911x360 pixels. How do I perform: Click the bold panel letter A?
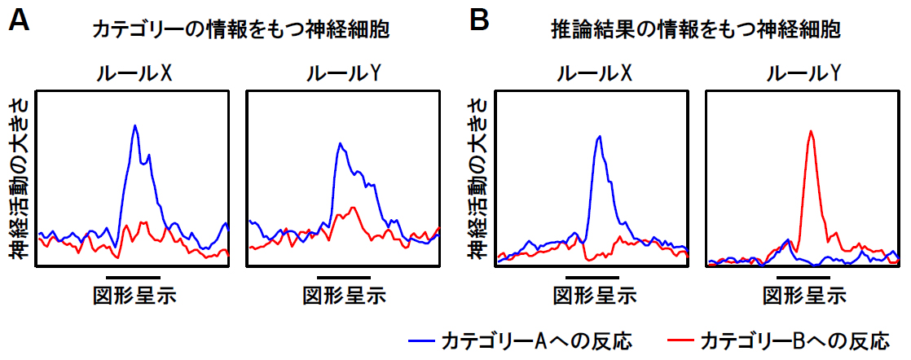coord(20,21)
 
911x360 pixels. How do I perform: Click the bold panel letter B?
coord(480,21)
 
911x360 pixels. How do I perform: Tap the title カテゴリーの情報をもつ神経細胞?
coord(240,31)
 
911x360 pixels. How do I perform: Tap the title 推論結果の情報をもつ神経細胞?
coord(695,31)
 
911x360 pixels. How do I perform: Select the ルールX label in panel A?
coord(132,74)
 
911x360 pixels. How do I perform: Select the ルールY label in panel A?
coord(343,74)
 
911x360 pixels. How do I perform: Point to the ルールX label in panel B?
coord(594,74)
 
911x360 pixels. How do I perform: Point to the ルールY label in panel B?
coord(803,74)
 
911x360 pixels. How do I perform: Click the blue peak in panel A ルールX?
coord(135,126)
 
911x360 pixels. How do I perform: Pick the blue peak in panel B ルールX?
coord(600,137)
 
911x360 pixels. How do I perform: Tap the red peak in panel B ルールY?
coord(810,131)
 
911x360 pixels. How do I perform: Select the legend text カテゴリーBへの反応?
coord(795,338)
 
